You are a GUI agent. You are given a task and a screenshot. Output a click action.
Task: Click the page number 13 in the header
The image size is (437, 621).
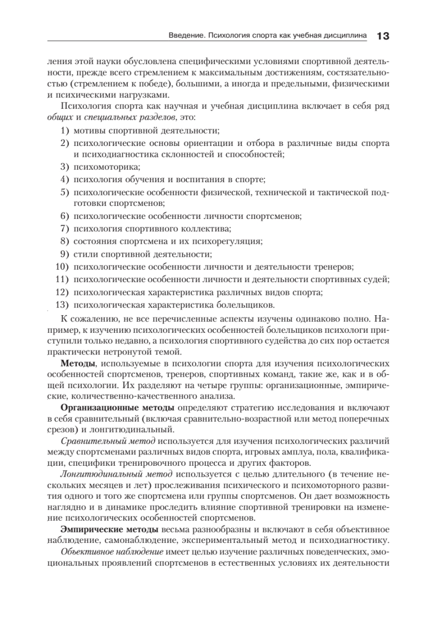pos(383,36)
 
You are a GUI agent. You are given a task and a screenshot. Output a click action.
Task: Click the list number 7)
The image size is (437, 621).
pos(65,229)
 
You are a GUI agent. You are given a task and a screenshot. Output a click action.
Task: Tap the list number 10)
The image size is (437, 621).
pos(63,267)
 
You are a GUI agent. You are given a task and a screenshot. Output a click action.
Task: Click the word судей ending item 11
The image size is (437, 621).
pos(377,279)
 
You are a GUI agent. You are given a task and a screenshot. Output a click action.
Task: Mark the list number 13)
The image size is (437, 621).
pos(63,304)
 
